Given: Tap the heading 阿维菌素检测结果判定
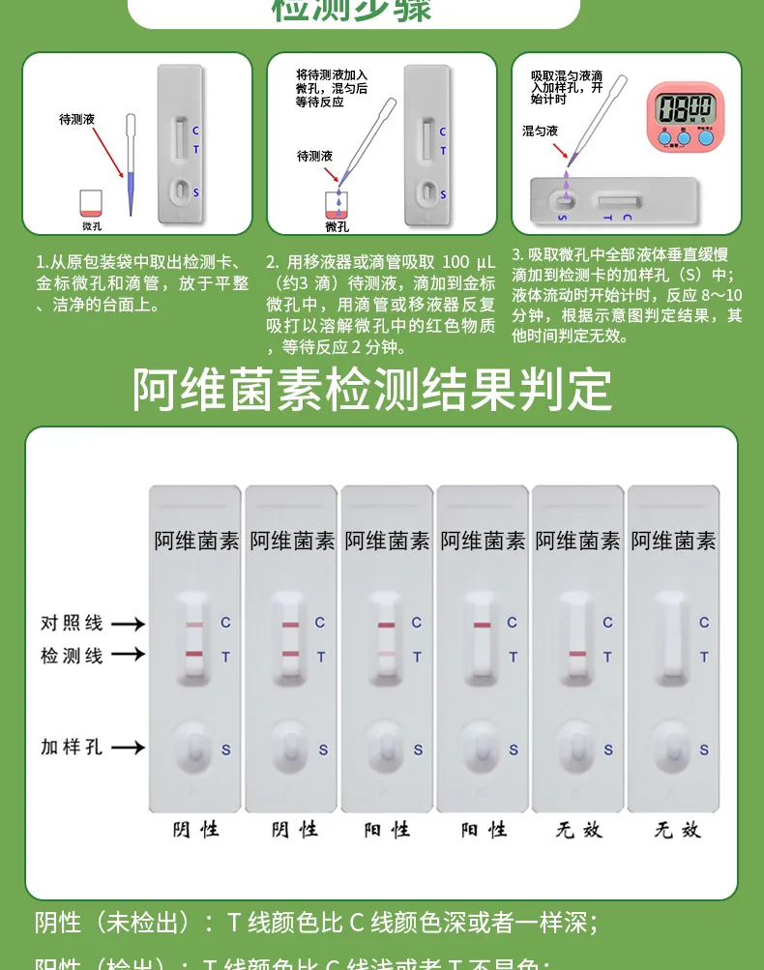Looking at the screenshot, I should click(372, 390).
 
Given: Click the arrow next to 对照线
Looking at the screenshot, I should click(127, 624).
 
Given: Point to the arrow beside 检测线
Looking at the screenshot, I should click(127, 656).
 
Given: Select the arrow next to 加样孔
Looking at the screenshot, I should click(127, 748).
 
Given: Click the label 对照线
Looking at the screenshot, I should click(72, 623).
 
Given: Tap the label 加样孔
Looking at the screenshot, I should click(72, 747).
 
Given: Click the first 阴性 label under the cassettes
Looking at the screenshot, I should click(195, 830).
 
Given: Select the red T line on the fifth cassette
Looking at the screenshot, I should click(578, 655).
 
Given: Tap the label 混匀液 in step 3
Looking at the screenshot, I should click(540, 130).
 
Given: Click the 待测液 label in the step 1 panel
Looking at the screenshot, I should click(76, 120).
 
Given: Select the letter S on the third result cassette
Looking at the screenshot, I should click(418, 750).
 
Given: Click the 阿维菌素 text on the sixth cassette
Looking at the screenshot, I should click(674, 542).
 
